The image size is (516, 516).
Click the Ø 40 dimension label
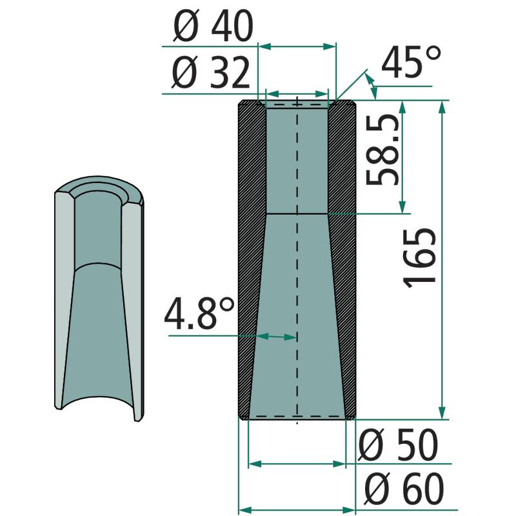213,26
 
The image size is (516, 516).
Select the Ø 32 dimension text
211,72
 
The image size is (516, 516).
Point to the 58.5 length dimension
382,150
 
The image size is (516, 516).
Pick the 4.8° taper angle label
199,313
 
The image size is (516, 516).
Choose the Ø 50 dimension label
398,445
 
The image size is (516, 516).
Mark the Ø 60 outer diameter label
405,489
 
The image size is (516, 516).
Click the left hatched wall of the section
251,260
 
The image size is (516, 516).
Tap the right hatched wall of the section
343,260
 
